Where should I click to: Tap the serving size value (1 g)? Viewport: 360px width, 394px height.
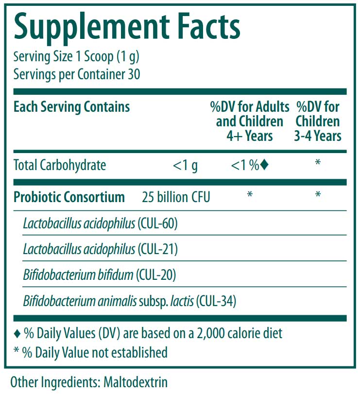(128, 56)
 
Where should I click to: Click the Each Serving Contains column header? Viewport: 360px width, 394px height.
(71, 107)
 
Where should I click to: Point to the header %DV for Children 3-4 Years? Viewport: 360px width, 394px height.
(318, 121)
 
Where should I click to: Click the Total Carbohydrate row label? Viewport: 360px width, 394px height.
(60, 165)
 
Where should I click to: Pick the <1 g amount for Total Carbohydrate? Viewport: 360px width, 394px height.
(185, 166)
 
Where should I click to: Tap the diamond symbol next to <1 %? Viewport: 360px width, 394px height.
(264, 165)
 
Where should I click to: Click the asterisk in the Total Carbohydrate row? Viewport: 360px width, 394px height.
(318, 163)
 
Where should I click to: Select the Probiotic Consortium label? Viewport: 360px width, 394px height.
(69, 197)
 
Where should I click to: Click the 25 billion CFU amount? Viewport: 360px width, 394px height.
(176, 197)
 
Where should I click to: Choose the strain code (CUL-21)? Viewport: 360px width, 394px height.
(158, 249)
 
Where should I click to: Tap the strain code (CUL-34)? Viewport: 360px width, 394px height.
(216, 301)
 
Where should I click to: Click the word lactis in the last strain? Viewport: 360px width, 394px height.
(182, 301)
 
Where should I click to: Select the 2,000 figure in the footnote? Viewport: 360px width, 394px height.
(212, 334)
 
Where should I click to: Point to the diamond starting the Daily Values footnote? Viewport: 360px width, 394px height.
(17, 334)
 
